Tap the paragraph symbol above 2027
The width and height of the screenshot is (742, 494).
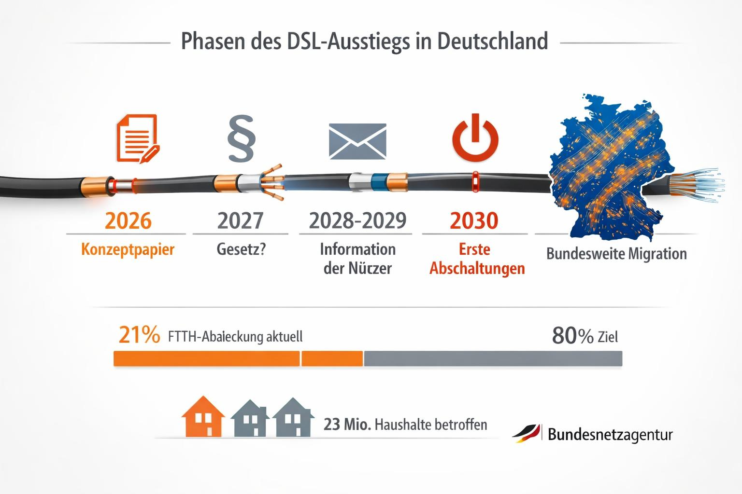(241, 138)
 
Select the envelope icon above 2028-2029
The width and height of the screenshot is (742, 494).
(357, 141)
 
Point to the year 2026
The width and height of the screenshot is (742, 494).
(128, 221)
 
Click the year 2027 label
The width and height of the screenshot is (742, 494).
(240, 221)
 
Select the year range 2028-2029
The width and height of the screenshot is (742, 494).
(357, 221)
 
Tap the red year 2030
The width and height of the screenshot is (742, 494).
(474, 221)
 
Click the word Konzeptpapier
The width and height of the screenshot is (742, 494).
(128, 249)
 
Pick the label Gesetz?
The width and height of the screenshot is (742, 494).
(241, 249)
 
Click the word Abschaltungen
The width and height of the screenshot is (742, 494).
(477, 268)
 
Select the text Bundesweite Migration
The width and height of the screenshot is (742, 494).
(616, 254)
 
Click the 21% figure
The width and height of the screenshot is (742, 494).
(139, 335)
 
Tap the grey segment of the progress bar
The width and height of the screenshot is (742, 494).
(493, 358)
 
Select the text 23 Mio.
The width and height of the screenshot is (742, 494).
(347, 425)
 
